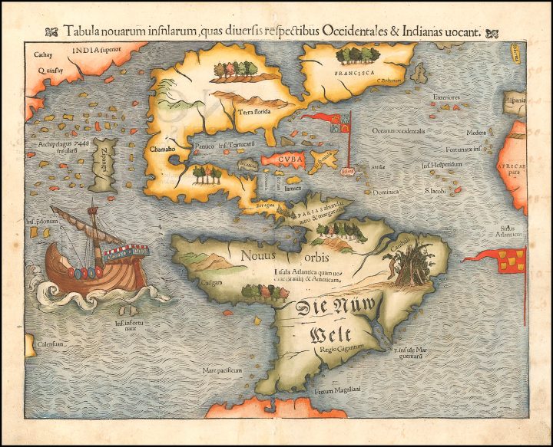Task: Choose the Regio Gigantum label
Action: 335,350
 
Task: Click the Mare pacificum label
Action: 222,370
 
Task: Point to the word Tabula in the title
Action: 84,31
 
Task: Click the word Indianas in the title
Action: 432,31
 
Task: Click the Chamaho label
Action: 164,149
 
